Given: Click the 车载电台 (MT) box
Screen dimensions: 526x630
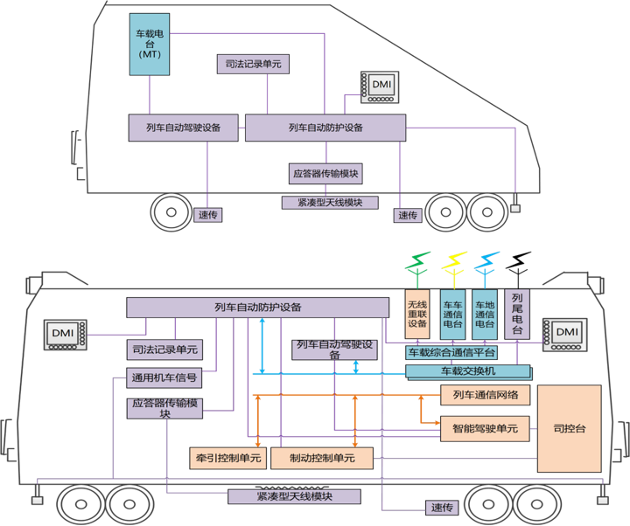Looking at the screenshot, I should point(150,43).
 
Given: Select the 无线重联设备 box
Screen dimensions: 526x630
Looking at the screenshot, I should point(416,313).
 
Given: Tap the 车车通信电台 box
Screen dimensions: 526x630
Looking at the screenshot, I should point(453,313).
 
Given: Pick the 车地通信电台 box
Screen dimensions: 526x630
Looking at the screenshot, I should point(485,313).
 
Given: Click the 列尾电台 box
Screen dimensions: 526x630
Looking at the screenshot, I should point(516,313).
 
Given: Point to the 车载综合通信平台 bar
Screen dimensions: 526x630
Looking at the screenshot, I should point(451,353).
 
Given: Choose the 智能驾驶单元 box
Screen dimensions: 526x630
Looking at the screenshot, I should point(486,428).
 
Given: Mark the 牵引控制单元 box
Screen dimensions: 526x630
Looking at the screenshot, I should point(226,457).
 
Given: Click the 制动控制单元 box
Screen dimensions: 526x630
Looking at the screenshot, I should point(321,457).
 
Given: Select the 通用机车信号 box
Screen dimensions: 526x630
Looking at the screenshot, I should point(164,378).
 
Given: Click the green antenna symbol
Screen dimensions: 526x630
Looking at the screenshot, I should point(417,262).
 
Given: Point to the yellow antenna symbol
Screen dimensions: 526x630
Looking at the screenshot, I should point(455,262).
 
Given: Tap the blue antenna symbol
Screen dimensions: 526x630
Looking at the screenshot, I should point(485,262).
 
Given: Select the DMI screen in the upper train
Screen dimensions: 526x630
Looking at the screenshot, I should point(381,87).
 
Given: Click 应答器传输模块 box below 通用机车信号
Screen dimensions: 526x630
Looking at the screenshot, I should point(166,408).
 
